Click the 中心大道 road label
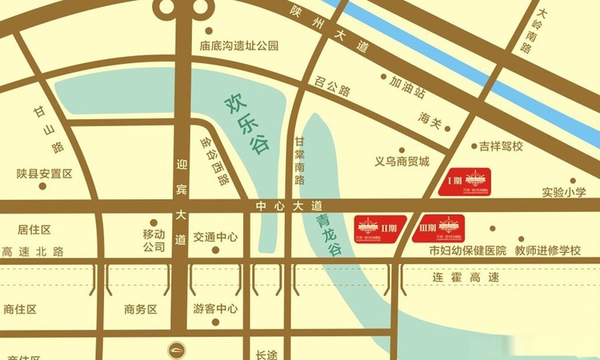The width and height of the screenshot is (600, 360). click(x=288, y=206)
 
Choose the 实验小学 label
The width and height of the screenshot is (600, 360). click(x=564, y=193)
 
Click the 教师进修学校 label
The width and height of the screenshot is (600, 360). click(x=547, y=250)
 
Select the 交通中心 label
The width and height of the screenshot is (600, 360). click(x=215, y=237)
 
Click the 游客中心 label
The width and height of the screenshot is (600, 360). click(x=215, y=309)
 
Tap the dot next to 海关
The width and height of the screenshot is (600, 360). click(x=450, y=127)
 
